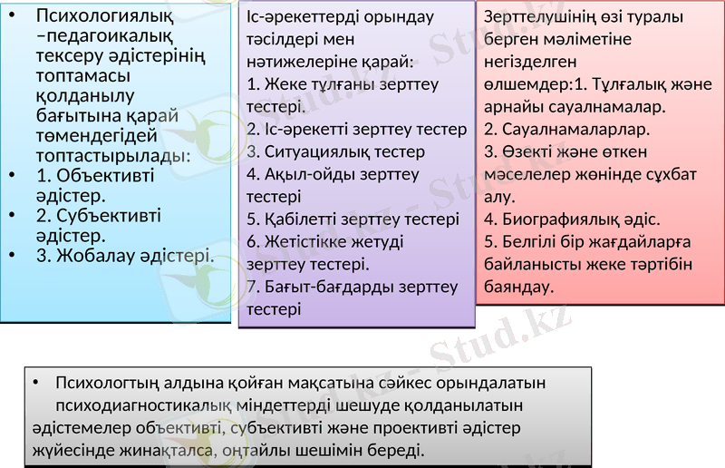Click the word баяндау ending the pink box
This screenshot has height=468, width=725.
517,287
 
